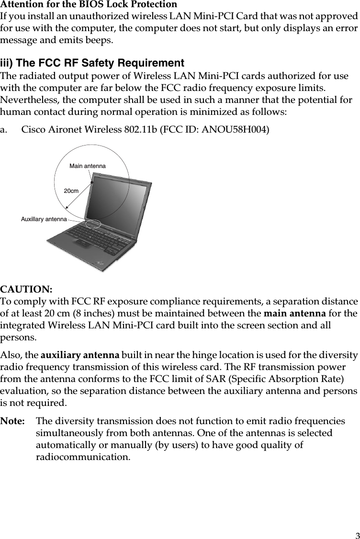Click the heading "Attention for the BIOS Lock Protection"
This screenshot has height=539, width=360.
pyautogui.click(x=89, y=5)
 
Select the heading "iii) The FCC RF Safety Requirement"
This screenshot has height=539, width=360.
pyautogui.click(x=92, y=63)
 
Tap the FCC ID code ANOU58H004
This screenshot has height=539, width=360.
pyautogui.click(x=241, y=130)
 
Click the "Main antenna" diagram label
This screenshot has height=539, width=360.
pyautogui.click(x=87, y=166)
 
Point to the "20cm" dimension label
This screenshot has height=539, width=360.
pyautogui.click(x=71, y=191)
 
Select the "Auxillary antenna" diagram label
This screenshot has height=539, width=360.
pyautogui.click(x=44, y=219)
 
